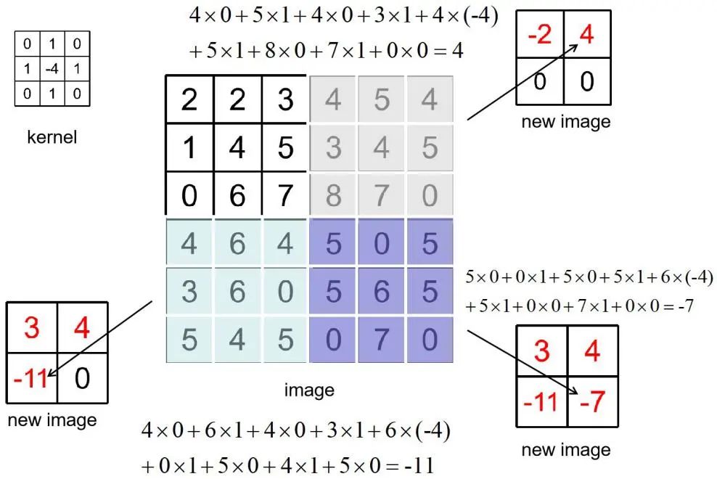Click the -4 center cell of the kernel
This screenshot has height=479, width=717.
click(x=51, y=70)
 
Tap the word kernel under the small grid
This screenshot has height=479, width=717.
click(x=51, y=136)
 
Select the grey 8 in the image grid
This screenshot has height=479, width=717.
click(x=333, y=196)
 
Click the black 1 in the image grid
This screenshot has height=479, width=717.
click(x=189, y=147)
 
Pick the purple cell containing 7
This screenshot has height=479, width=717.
click(x=382, y=340)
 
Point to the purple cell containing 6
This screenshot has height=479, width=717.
click(x=382, y=292)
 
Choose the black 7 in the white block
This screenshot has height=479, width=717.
click(x=285, y=196)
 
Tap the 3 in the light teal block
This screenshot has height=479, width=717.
click(x=189, y=292)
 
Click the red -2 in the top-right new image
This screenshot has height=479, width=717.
click(x=540, y=35)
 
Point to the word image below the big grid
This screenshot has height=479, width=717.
click(x=309, y=390)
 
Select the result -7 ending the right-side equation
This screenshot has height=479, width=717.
click(x=684, y=306)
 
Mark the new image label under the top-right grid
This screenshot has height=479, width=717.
click(x=566, y=121)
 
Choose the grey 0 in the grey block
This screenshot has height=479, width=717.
click(x=430, y=196)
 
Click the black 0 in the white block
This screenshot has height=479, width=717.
click(x=189, y=196)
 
